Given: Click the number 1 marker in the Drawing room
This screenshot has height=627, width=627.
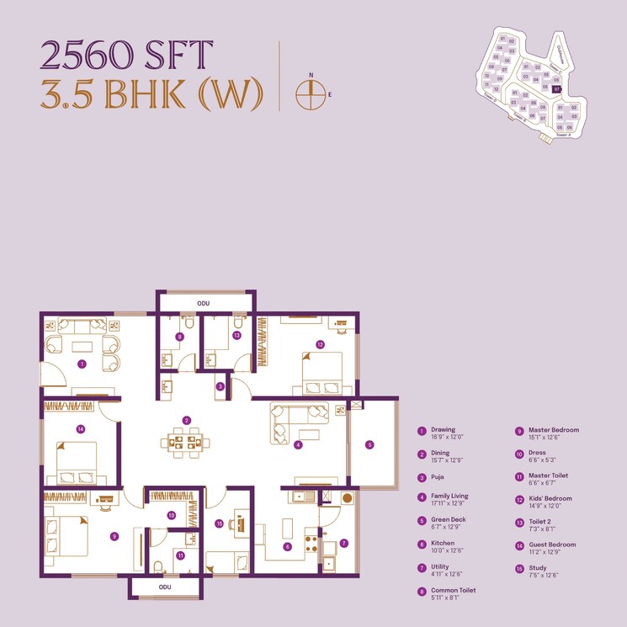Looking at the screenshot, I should pos(82,364).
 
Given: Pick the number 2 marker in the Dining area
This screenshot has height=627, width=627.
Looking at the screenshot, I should pos(188,420).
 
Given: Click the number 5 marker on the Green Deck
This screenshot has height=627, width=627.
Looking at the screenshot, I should pos(369,444).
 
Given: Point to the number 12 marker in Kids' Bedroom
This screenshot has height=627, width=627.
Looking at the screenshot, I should pos(320,344).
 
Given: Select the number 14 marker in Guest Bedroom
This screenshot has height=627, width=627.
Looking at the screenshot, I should pos(81,428).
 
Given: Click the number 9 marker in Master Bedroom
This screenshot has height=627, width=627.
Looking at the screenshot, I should pos(114,535).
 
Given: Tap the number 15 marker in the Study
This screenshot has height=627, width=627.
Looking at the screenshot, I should pos(219,523).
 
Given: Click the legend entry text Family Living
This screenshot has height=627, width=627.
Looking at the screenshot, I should pos(449,497).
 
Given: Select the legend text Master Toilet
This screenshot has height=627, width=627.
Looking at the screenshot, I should pos(548,476).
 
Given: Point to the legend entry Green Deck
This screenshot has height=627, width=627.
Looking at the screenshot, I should pos(449,519).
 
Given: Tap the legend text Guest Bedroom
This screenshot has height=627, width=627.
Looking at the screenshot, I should pos(552,545).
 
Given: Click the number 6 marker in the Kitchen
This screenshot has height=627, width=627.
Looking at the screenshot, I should pos(287,546).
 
